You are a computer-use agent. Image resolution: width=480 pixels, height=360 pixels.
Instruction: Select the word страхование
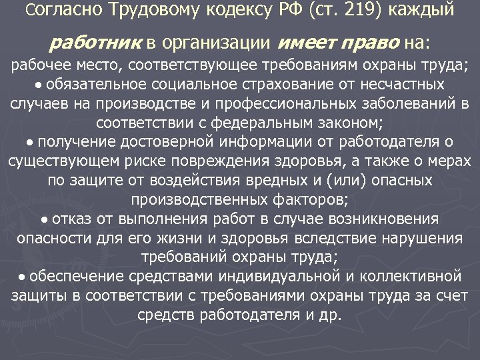pos(283,85)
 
